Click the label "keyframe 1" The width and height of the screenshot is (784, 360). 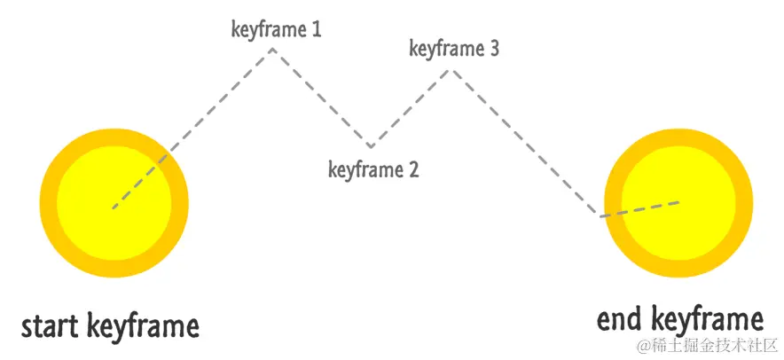click(x=276, y=29)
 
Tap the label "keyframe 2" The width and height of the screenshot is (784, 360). click(x=372, y=169)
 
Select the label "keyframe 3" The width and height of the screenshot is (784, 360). click(x=454, y=49)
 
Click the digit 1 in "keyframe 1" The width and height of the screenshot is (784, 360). click(x=316, y=29)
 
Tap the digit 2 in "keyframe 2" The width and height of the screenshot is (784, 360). click(x=412, y=169)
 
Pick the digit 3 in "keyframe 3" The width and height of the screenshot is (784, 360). click(x=494, y=49)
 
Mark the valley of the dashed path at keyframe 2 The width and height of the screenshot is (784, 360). click(x=371, y=145)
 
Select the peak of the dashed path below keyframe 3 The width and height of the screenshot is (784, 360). click(x=452, y=69)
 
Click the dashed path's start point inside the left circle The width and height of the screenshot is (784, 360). click(x=113, y=209)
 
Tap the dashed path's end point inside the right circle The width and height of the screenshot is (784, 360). click(x=681, y=202)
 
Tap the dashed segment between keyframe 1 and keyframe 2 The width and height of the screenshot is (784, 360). click(x=321, y=97)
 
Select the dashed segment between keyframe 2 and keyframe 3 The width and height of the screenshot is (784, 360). click(x=412, y=107)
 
